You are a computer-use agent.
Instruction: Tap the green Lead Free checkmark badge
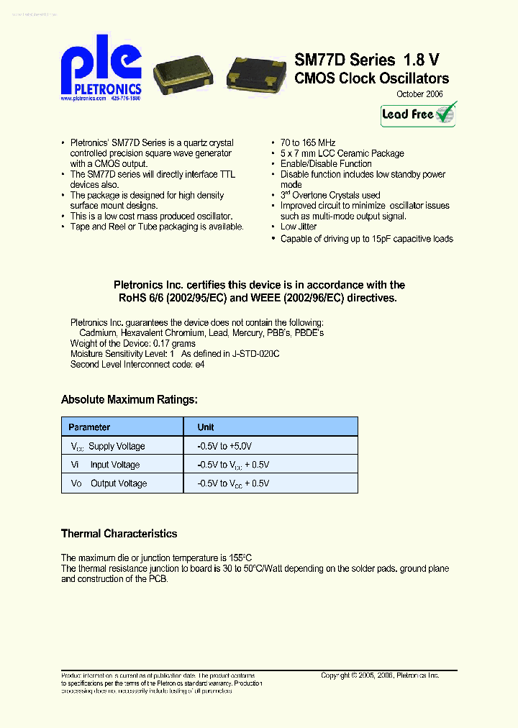coord(419,114)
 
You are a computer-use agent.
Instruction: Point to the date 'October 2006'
coord(420,94)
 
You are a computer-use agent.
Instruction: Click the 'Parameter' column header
coord(90,427)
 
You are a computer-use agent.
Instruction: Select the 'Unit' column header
coord(206,427)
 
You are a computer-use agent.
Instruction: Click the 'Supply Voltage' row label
coord(117,446)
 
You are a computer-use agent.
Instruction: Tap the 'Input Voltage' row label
coord(114,465)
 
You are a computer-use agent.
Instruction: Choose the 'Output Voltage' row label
coord(119,483)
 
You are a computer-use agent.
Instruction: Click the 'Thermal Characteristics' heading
coord(119,534)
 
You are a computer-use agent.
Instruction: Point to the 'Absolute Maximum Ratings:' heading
coord(129,399)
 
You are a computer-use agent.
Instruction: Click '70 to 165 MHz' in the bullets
coord(308,143)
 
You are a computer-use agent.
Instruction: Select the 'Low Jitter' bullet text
coord(299,227)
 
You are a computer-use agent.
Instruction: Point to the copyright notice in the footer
coord(380,675)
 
